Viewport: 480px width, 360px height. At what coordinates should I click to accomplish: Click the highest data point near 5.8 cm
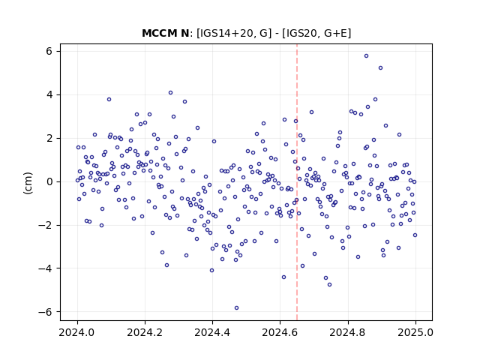[366, 56]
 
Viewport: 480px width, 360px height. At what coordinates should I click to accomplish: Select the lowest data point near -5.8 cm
[236, 308]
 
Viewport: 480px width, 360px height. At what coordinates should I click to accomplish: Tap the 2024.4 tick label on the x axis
[212, 332]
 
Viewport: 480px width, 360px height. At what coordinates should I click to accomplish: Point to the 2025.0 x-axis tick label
[415, 332]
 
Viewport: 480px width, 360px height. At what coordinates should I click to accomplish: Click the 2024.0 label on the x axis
[77, 332]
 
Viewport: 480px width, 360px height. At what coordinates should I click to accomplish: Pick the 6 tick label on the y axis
[49, 52]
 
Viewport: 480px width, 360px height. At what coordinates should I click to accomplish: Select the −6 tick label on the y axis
[45, 312]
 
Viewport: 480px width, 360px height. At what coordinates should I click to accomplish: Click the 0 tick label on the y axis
[49, 181]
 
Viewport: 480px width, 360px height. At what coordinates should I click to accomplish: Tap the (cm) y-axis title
[28, 183]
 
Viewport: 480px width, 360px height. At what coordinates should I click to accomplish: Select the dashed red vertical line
[297, 181]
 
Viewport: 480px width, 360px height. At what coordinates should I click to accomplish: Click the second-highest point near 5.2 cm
[380, 68]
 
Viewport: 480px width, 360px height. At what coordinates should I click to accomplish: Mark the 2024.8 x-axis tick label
[348, 332]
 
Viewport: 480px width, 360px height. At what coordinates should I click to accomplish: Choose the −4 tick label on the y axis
[45, 268]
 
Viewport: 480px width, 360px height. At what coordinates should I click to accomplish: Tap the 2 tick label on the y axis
[49, 138]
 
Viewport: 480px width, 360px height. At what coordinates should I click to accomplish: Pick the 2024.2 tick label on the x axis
[145, 332]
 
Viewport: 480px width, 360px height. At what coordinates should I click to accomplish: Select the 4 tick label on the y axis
[49, 95]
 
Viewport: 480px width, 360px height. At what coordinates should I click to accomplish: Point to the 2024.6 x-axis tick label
[280, 332]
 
